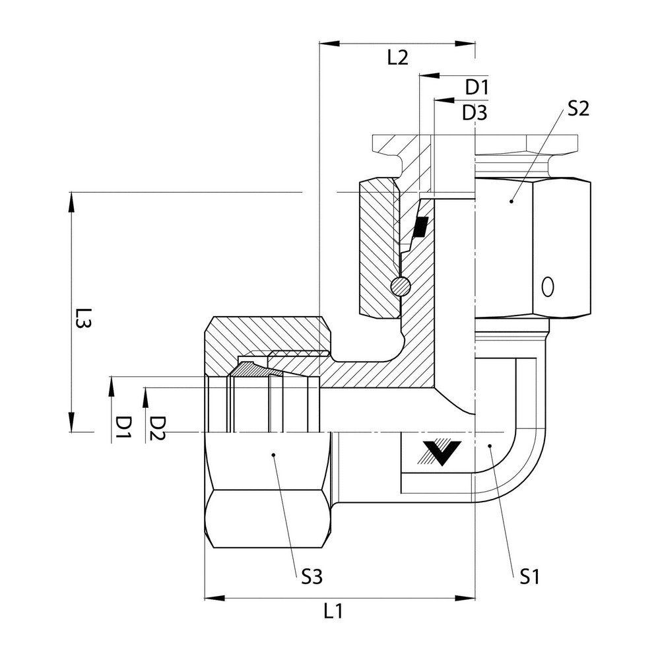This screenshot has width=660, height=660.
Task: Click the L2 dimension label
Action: click(397, 57)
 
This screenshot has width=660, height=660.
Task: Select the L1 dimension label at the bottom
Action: click(333, 611)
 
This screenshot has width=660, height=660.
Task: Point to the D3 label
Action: click(474, 112)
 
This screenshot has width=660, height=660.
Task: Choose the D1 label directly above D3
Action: click(476, 87)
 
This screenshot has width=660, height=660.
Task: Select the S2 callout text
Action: click(576, 109)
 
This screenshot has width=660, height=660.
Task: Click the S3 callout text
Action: click(312, 577)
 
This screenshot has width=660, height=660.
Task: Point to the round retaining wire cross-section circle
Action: click(400, 286)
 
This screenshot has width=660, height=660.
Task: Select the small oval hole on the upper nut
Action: click(546, 287)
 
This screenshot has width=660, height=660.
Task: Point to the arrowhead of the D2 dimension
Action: click(145, 394)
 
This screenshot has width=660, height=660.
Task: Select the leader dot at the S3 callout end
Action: click(274, 454)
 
